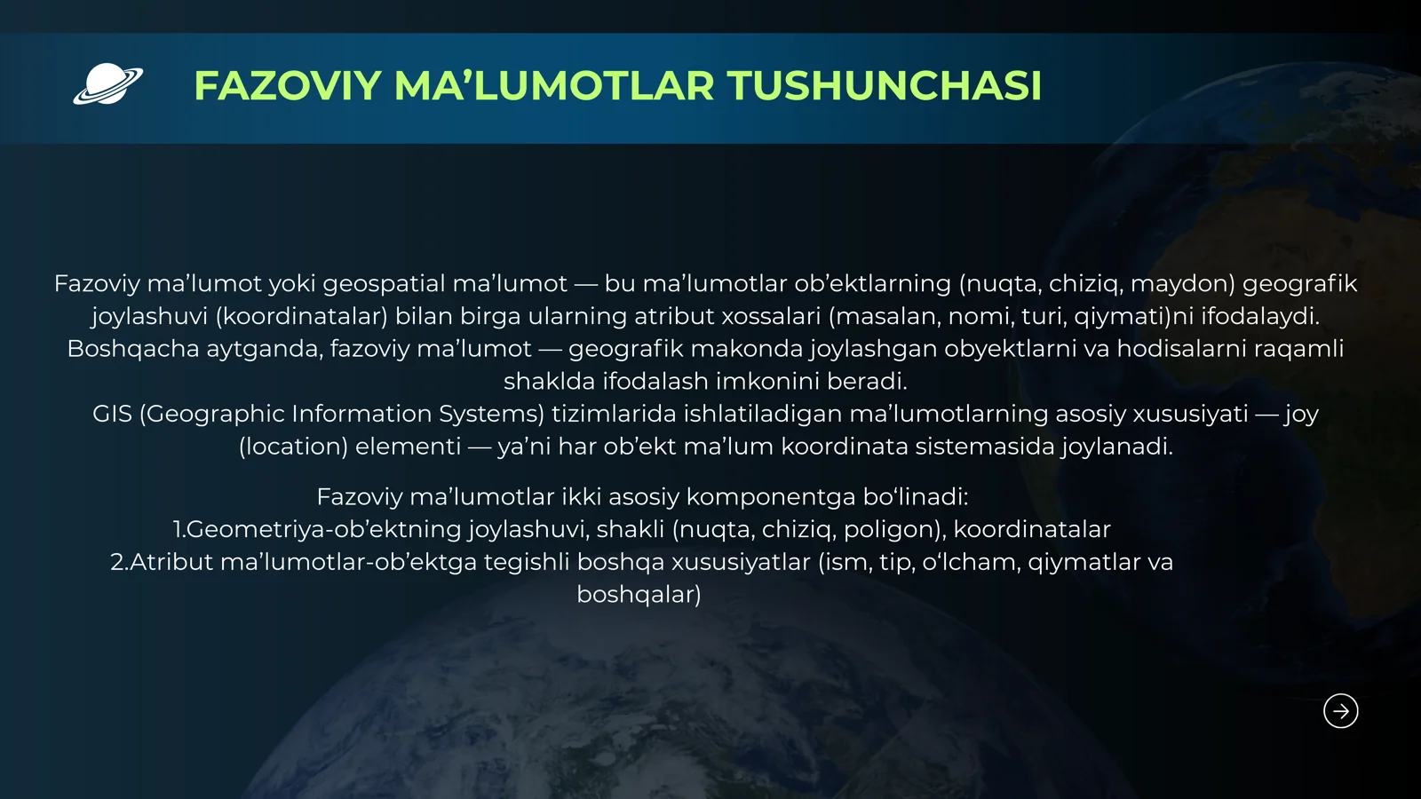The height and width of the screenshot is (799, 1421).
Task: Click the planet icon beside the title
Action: [107, 85]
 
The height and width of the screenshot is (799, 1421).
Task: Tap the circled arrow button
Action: [1340, 711]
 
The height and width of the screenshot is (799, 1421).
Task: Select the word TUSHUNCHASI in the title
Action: [884, 86]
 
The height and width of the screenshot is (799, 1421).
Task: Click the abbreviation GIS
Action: [112, 414]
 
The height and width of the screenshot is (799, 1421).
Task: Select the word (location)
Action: [293, 447]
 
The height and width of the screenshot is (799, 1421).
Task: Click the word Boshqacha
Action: [133, 349]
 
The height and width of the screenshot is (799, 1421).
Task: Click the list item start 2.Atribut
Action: [162, 562]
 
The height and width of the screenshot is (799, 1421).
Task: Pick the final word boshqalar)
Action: [639, 595]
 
